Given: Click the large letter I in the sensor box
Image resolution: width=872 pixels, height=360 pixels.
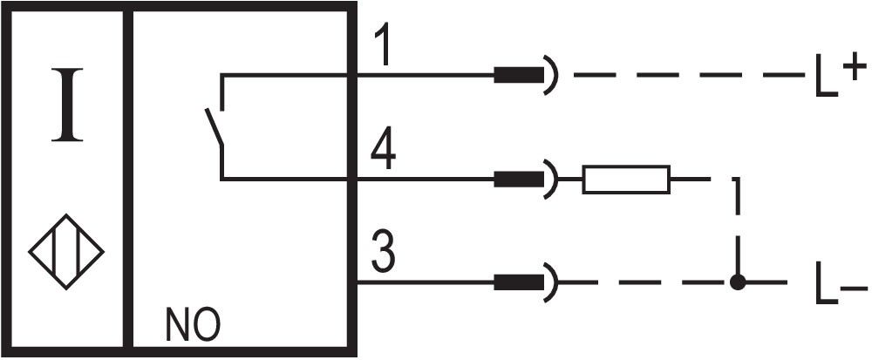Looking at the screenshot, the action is pyautogui.click(x=67, y=105).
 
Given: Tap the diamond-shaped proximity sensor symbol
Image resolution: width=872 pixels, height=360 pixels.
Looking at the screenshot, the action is pyautogui.click(x=67, y=252).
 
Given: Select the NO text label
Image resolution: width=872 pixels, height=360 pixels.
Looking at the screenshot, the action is pyautogui.click(x=193, y=324).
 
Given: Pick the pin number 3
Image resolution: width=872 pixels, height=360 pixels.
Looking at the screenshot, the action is pyautogui.click(x=383, y=254).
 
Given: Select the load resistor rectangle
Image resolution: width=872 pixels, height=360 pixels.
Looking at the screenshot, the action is pyautogui.click(x=626, y=180).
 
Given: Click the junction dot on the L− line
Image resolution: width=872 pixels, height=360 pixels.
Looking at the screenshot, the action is pyautogui.click(x=738, y=282).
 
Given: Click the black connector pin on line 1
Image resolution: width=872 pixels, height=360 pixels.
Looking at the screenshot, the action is pyautogui.click(x=519, y=75).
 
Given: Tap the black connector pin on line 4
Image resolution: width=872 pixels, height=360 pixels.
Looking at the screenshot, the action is pyautogui.click(x=519, y=179).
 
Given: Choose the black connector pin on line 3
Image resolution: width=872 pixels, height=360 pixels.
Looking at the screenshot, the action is pyautogui.click(x=519, y=282).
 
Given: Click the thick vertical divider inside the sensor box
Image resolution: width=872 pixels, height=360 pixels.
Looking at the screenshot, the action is pyautogui.click(x=128, y=178).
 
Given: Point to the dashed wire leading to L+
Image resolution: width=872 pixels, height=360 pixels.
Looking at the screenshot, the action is pyautogui.click(x=690, y=75).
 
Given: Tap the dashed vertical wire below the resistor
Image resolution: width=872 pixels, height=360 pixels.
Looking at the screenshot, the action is pyautogui.click(x=738, y=227).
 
